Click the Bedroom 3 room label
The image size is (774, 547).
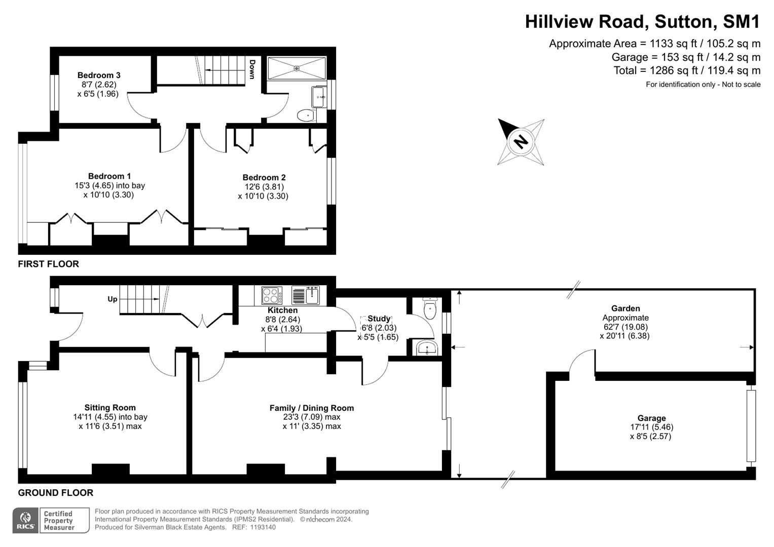(x=99, y=75)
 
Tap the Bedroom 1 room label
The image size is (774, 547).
(x=109, y=176)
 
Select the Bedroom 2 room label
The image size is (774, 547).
(x=264, y=177)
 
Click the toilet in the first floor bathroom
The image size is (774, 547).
(x=306, y=116)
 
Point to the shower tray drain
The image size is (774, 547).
(x=297, y=68)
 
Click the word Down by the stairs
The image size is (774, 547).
(x=252, y=70)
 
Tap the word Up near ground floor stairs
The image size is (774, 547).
(x=113, y=299)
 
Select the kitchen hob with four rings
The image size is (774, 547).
(x=272, y=295)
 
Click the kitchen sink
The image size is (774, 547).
(x=306, y=295)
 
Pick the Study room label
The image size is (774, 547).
(x=379, y=319)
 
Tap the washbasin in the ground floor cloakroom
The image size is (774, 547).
(x=427, y=348)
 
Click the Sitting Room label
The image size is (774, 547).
(x=110, y=407)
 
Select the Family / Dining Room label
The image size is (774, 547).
(x=312, y=408)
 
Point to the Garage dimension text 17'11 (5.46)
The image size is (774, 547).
(x=651, y=427)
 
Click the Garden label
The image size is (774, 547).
(x=625, y=308)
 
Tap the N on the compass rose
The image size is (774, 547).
(x=520, y=140)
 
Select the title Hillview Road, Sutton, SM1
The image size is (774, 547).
(x=642, y=22)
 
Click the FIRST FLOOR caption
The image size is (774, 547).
(x=49, y=264)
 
